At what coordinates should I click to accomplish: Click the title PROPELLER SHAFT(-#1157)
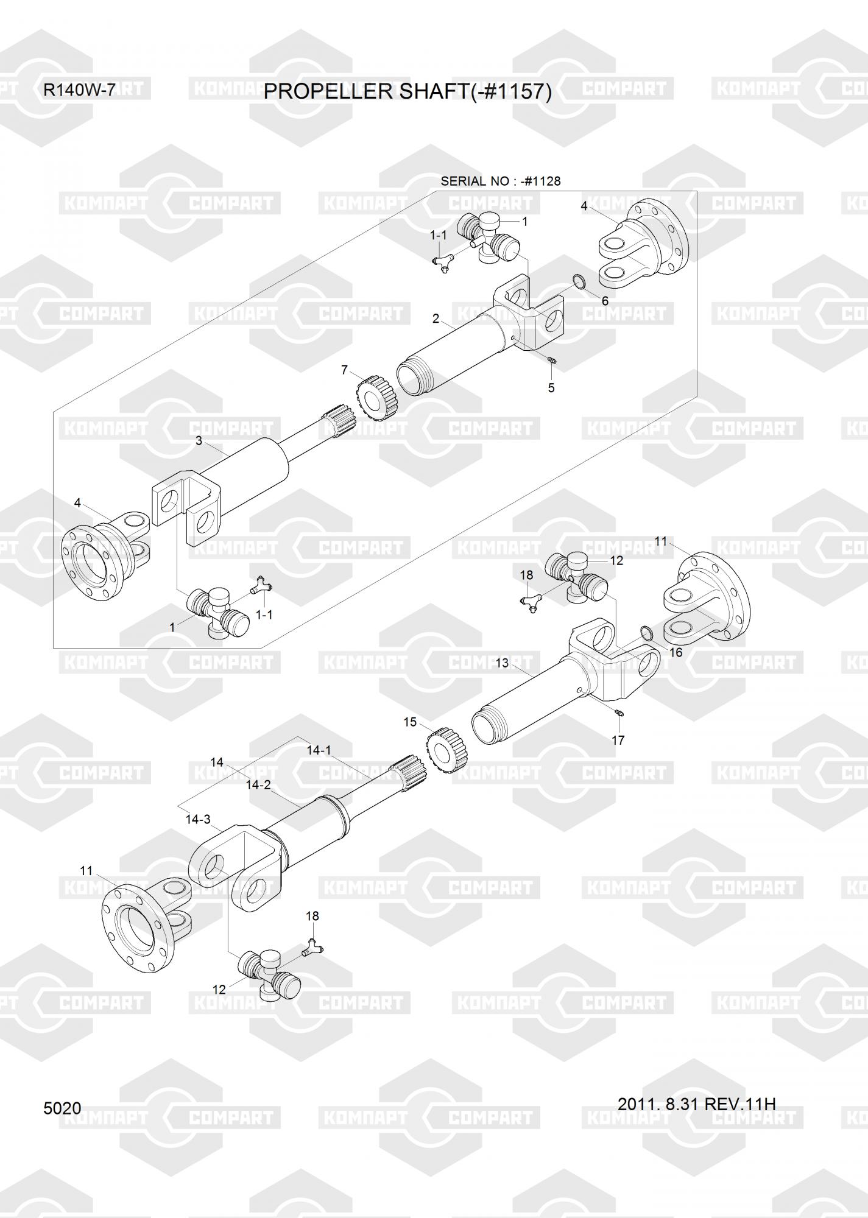pos(408,92)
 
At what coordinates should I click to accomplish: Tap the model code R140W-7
pos(79,90)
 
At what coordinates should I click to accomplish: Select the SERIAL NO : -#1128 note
pos(500,181)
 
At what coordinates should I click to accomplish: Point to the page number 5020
pos(62,1108)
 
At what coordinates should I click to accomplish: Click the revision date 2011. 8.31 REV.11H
pos(696,1104)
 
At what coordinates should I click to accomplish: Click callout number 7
pos(344,370)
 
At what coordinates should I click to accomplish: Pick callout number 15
pos(410,722)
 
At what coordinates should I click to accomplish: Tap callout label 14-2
pos(258,785)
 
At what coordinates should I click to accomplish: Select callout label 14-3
pos(198,819)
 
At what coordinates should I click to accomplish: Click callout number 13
pos(502,663)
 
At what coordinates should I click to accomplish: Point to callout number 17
pos(618,740)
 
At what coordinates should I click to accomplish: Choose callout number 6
pos(605,301)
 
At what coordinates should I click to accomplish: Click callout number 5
pos(551,387)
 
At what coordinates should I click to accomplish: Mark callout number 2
pos(436,318)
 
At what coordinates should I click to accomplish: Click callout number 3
pos(199,440)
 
